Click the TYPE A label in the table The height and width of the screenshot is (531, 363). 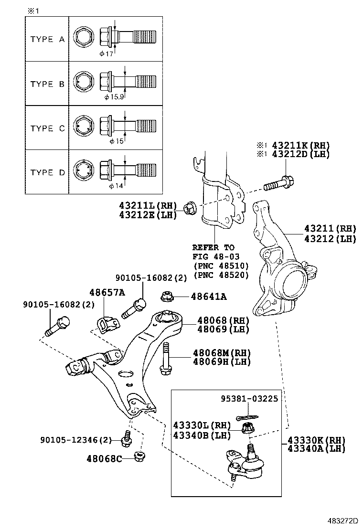(47, 39)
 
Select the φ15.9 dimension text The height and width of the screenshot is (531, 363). (114, 97)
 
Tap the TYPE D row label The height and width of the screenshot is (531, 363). (47, 172)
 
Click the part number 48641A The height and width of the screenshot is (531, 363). (209, 297)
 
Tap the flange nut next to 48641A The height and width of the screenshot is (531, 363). (167, 297)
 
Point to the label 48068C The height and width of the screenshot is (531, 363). (104, 459)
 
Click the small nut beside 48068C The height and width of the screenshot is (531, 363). (140, 457)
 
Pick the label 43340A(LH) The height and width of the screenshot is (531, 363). (316, 448)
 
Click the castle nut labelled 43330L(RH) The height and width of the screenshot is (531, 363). (247, 427)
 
